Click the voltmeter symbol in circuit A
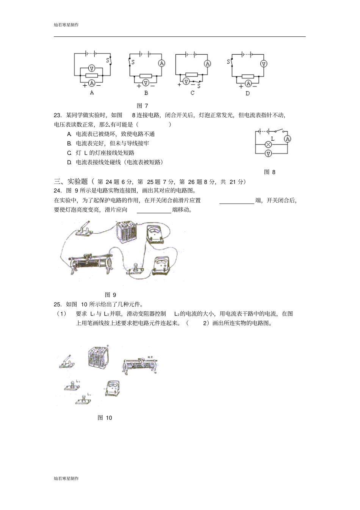[91, 68]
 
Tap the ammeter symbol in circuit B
[162, 63]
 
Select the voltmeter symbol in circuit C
[186, 81]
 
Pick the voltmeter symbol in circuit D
[264, 64]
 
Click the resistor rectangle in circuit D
[248, 76]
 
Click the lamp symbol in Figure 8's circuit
[268, 144]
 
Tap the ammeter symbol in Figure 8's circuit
[288, 139]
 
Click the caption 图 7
[142, 106]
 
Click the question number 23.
[58, 115]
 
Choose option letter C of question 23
[69, 153]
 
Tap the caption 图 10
[105, 418]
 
